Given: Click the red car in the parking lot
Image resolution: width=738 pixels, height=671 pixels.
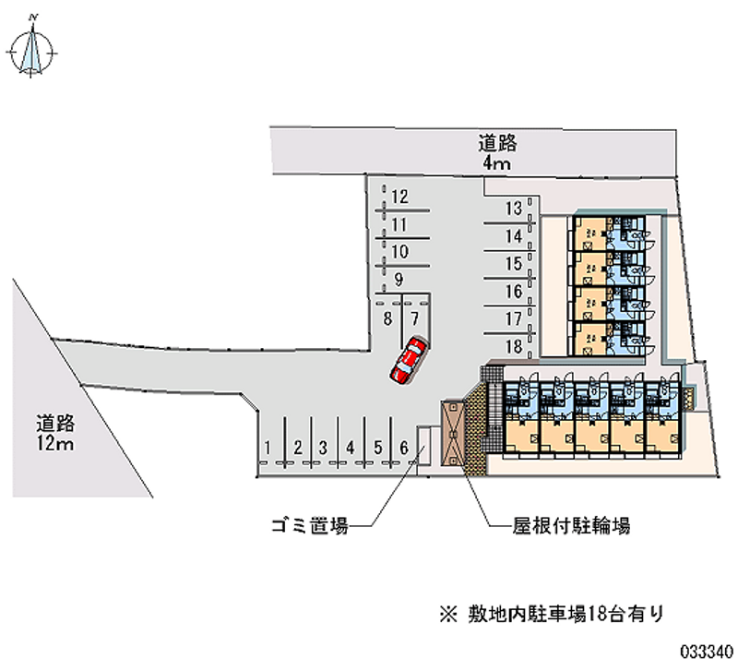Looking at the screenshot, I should click(x=408, y=360).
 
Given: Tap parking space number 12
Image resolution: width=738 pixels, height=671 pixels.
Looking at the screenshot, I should click(x=399, y=197).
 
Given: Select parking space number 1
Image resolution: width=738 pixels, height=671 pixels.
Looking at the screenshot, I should click(x=267, y=449).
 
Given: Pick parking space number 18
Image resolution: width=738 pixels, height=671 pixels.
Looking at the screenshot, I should click(x=514, y=348).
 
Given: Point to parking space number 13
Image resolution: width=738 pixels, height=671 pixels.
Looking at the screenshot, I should click(x=514, y=208).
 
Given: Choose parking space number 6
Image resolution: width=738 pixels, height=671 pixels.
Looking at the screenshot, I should click(x=403, y=449).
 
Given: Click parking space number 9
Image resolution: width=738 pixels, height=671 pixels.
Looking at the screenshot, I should click(x=398, y=279).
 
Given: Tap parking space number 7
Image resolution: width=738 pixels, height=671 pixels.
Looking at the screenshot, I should click(x=415, y=318).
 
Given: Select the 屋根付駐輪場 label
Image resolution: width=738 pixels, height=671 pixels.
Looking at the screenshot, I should click(x=571, y=527).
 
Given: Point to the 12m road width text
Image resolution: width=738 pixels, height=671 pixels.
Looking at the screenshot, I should click(x=55, y=446).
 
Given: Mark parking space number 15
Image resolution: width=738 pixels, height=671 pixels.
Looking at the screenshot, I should click(x=514, y=264).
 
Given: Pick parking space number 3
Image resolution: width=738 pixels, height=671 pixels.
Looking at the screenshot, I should click(x=323, y=449).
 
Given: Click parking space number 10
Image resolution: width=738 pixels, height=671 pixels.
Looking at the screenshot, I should click(x=399, y=251).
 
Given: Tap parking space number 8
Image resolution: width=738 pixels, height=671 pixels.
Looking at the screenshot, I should click(x=389, y=318).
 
